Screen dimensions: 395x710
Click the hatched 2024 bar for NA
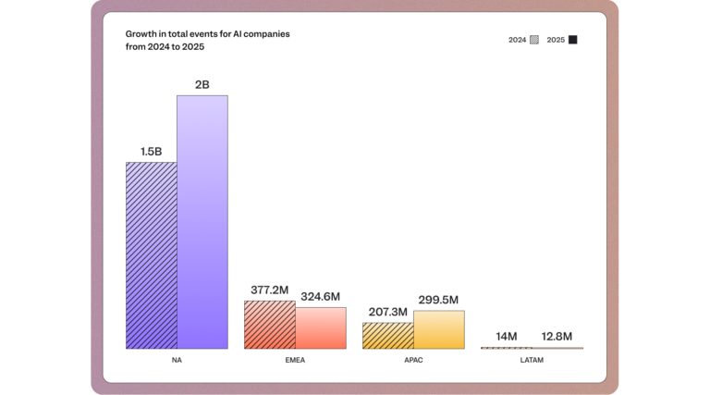click(x=152, y=255)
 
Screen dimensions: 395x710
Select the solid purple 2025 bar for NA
click(x=202, y=222)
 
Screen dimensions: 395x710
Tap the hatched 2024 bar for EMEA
click(x=270, y=325)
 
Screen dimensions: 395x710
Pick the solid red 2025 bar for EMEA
click(x=321, y=328)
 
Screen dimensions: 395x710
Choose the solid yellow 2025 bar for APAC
click(x=438, y=330)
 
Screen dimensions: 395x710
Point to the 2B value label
click(x=202, y=85)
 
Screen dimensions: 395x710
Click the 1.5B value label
click(x=152, y=152)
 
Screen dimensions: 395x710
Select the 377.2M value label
click(x=270, y=290)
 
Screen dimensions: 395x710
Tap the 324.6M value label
click(x=321, y=297)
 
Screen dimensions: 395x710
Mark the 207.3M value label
click(x=387, y=313)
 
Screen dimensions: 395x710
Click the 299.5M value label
click(x=438, y=300)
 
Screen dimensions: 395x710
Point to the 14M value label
click(x=507, y=336)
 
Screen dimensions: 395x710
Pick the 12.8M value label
click(x=557, y=336)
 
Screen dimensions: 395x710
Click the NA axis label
click(x=177, y=360)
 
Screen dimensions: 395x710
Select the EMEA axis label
click(x=295, y=360)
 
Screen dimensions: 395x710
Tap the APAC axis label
click(x=413, y=360)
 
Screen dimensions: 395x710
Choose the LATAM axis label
click(x=532, y=360)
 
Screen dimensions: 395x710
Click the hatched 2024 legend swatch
click(x=534, y=40)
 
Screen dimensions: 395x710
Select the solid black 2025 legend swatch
click(x=573, y=40)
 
